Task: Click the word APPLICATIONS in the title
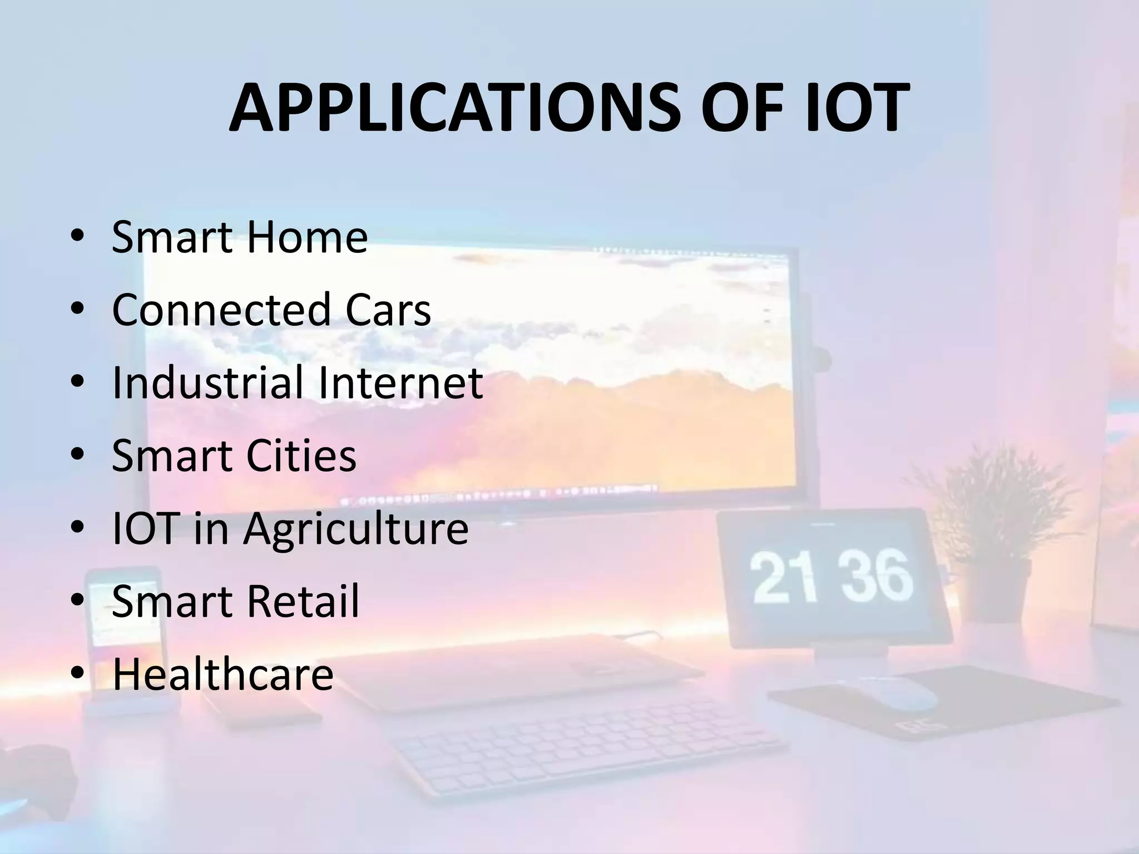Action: (454, 108)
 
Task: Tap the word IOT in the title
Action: (854, 108)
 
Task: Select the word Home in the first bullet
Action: (306, 237)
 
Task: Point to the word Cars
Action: (388, 310)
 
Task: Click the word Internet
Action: (400, 383)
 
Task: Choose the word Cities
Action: (301, 455)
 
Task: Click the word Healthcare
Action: (223, 674)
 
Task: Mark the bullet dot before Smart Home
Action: (77, 238)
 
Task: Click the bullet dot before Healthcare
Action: (77, 675)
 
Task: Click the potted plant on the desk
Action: (996, 528)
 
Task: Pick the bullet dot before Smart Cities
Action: (77, 456)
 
